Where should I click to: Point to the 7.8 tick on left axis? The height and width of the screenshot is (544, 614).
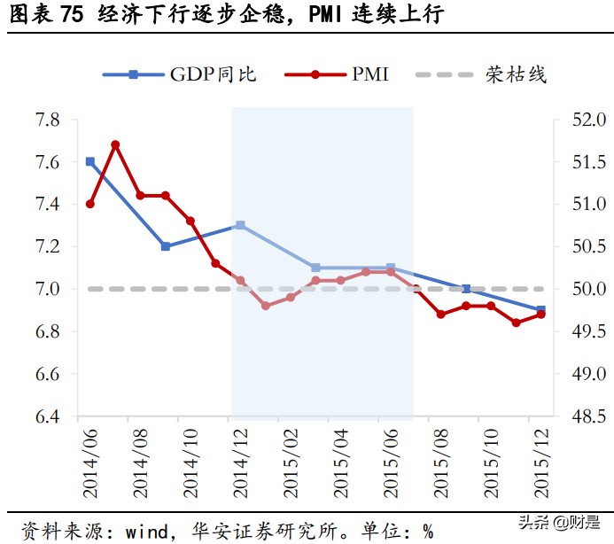48,120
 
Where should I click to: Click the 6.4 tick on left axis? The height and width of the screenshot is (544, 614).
48,416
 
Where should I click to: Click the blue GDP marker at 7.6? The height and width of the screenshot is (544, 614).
90,162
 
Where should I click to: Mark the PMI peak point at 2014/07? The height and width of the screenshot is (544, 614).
115,144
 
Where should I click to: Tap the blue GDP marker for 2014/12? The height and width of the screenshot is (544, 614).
240,226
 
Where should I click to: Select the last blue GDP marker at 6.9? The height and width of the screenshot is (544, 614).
540,310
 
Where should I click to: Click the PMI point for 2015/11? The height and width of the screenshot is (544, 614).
516,323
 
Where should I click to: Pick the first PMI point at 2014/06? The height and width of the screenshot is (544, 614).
90,204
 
